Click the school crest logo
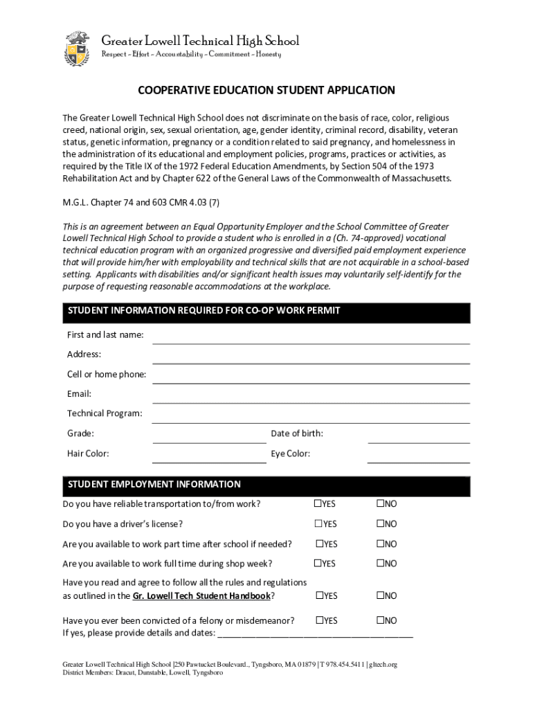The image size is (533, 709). tap(77, 48)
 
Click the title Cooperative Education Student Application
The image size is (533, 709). tap(266, 90)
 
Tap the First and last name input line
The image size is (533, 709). tap(311, 339)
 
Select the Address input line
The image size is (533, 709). tap(311, 359)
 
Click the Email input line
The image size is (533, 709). tap(311, 398)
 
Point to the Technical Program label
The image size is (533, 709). tap(105, 413)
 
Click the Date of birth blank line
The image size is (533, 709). tap(419, 438)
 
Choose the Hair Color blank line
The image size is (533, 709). tap(209, 458)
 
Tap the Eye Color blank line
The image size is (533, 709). tap(419, 458)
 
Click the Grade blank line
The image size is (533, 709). tap(209, 438)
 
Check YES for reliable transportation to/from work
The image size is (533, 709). tap(318, 504)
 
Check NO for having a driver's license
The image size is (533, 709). tap(380, 524)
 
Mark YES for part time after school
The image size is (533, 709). tap(320, 544)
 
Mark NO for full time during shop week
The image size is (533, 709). tap(380, 564)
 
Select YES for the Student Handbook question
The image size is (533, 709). tap(320, 595)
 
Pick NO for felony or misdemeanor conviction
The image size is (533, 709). tap(380, 620)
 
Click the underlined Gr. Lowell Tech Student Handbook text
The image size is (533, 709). tap(201, 595)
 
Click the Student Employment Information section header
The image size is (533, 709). tap(154, 485)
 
